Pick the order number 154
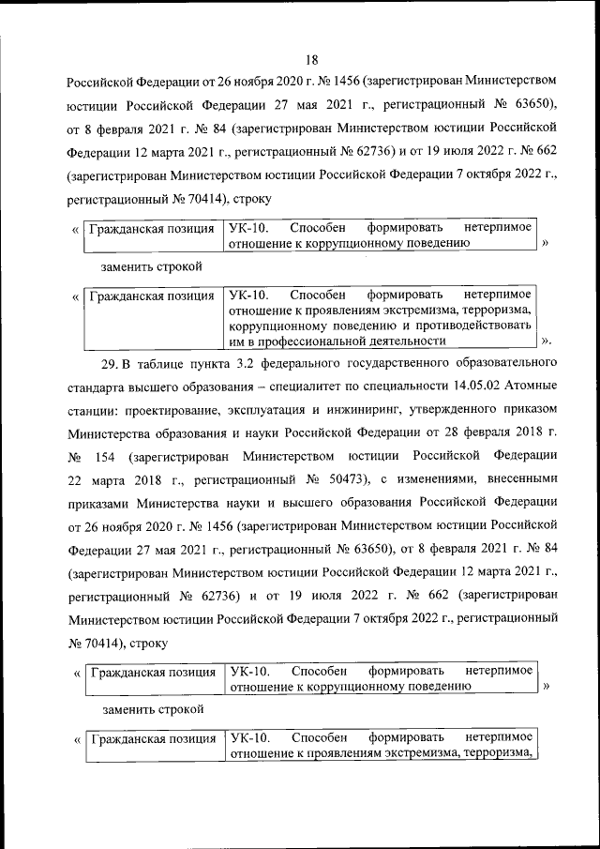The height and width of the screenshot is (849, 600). tap(108, 459)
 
